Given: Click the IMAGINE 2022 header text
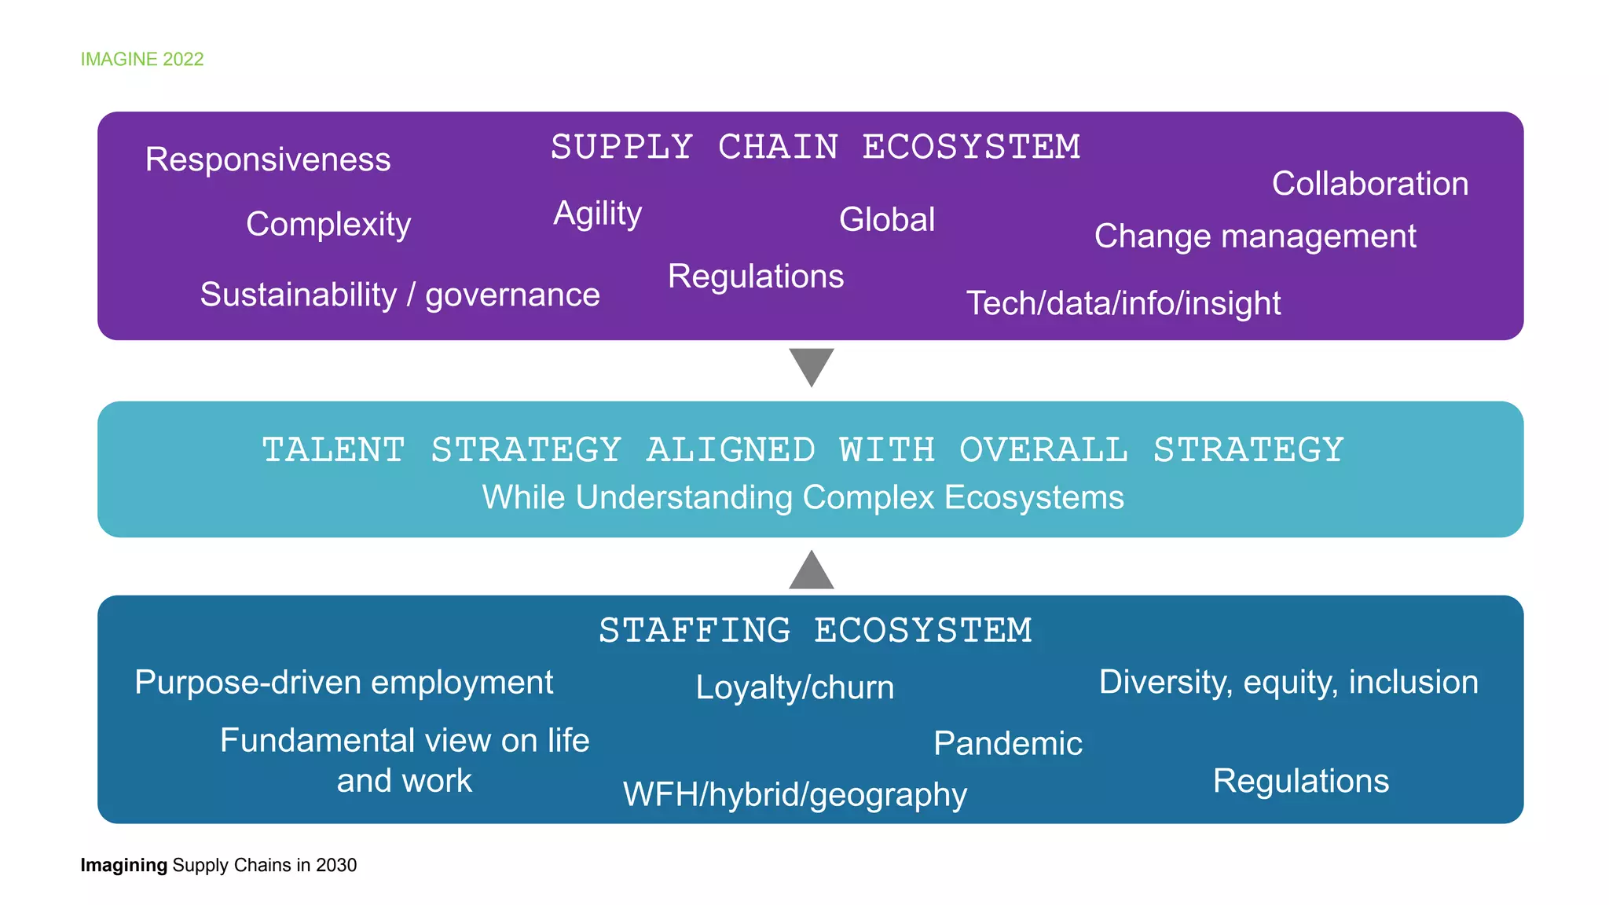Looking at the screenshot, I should [142, 60].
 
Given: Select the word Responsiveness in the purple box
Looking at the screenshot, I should [268, 159].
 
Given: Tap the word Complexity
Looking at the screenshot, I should [328, 225].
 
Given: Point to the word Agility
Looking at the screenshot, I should [598, 214].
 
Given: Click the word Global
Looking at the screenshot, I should [887, 220].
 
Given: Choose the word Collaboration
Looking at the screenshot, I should [1370, 184].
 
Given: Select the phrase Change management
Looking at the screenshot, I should [1255, 236].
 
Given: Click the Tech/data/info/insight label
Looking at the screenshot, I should [1123, 303].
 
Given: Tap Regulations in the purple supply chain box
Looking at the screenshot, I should [756, 277].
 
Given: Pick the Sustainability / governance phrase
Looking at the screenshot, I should [400, 295].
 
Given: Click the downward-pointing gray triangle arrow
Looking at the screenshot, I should [812, 366].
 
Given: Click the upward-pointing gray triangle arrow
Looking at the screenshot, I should [812, 571].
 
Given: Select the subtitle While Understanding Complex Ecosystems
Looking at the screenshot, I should [803, 497].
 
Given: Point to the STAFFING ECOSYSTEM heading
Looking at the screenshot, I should [815, 631].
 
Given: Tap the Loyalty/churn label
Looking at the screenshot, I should [795, 687].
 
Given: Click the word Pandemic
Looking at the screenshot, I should [1008, 743].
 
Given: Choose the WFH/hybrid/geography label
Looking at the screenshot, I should [795, 795].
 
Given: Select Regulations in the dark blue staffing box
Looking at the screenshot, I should [1301, 781].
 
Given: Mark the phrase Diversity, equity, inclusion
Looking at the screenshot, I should [1288, 682].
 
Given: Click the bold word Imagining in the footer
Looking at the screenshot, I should [124, 865].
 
